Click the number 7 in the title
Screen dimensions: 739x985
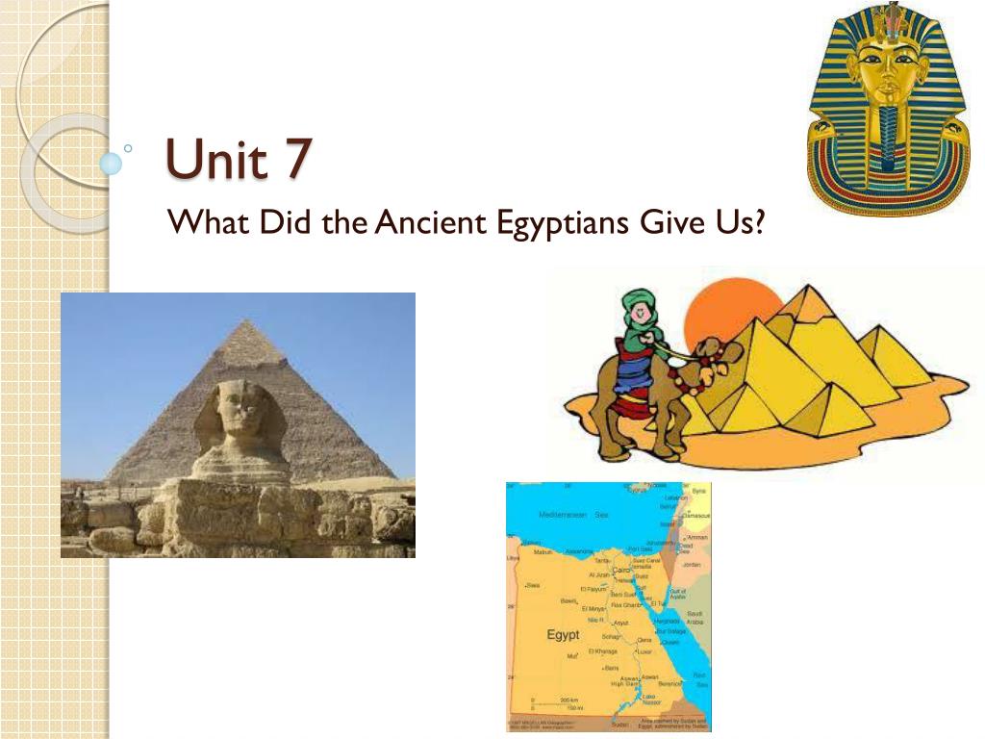click(x=296, y=159)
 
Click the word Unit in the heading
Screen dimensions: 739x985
click(x=216, y=159)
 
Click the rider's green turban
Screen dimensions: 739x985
click(x=636, y=309)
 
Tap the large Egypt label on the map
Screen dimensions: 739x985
click(x=563, y=635)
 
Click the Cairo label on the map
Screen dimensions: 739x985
click(x=621, y=571)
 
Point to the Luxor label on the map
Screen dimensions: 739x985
click(x=660, y=651)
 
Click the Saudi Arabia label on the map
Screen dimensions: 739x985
click(x=695, y=618)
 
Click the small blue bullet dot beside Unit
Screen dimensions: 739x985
click(x=112, y=163)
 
